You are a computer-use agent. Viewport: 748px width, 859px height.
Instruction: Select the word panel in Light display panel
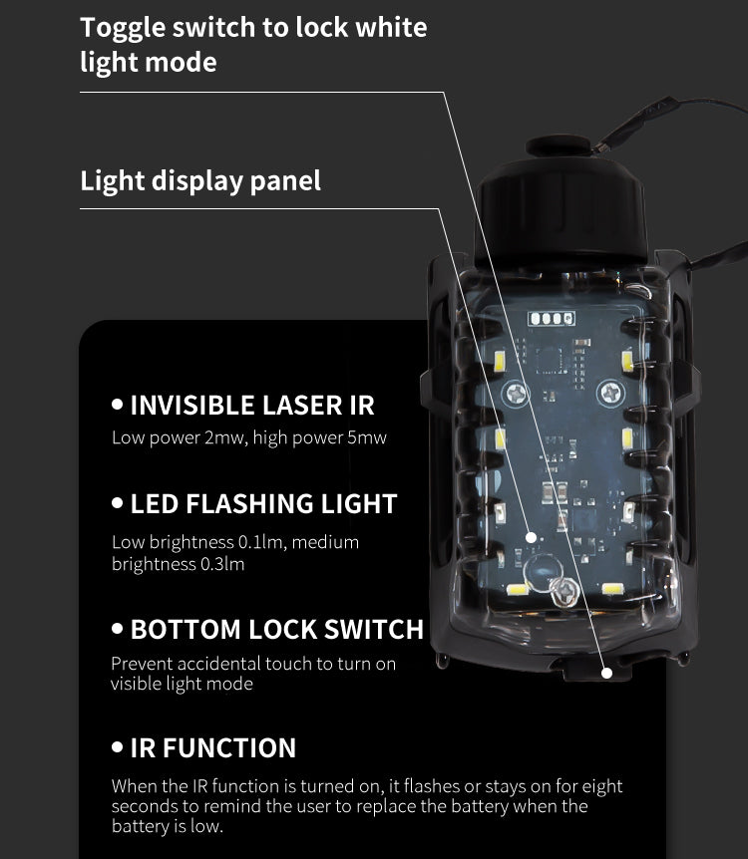pos(285,181)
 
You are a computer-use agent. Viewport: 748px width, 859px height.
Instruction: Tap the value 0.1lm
pos(260,542)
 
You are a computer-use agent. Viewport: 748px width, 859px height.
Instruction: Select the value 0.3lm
pos(222,564)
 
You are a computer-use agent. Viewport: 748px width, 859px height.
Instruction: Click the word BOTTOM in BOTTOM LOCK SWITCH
pos(186,630)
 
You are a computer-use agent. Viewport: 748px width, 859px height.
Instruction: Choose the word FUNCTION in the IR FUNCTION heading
pos(229,747)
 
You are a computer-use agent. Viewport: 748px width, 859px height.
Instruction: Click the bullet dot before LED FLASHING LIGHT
pos(117,503)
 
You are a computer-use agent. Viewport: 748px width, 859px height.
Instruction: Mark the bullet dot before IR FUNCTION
pos(117,746)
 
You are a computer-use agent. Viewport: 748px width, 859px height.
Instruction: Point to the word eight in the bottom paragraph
pos(602,787)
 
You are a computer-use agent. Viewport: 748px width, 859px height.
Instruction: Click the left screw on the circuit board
pos(516,393)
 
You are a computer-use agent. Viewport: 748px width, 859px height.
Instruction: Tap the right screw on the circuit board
pos(610,393)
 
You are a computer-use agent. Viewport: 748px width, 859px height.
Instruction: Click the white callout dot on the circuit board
pos(531,537)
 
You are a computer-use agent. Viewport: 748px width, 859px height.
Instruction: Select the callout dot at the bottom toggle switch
pos(606,673)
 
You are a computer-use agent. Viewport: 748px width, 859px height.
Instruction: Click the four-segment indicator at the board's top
pos(552,318)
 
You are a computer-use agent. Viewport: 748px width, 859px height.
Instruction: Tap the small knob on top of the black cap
pos(559,145)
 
